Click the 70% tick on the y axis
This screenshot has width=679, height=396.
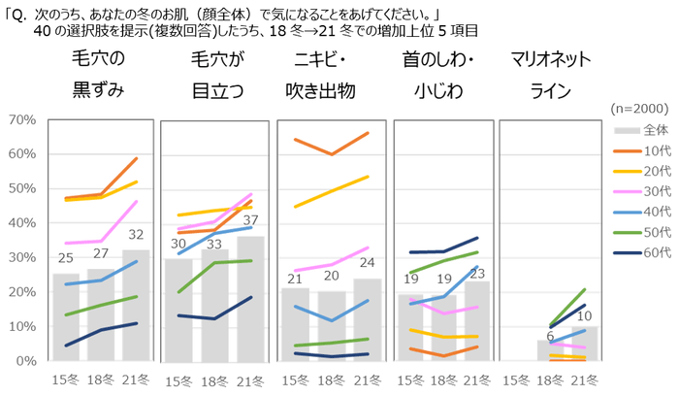pyautogui.click(x=21, y=119)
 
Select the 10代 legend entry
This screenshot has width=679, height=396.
pyautogui.click(x=645, y=150)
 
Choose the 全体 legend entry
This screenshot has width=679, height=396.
pyautogui.click(x=645, y=129)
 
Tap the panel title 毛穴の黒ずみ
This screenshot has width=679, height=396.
pyautogui.click(x=98, y=75)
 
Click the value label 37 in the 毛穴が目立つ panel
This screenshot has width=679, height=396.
pyautogui.click(x=251, y=220)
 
